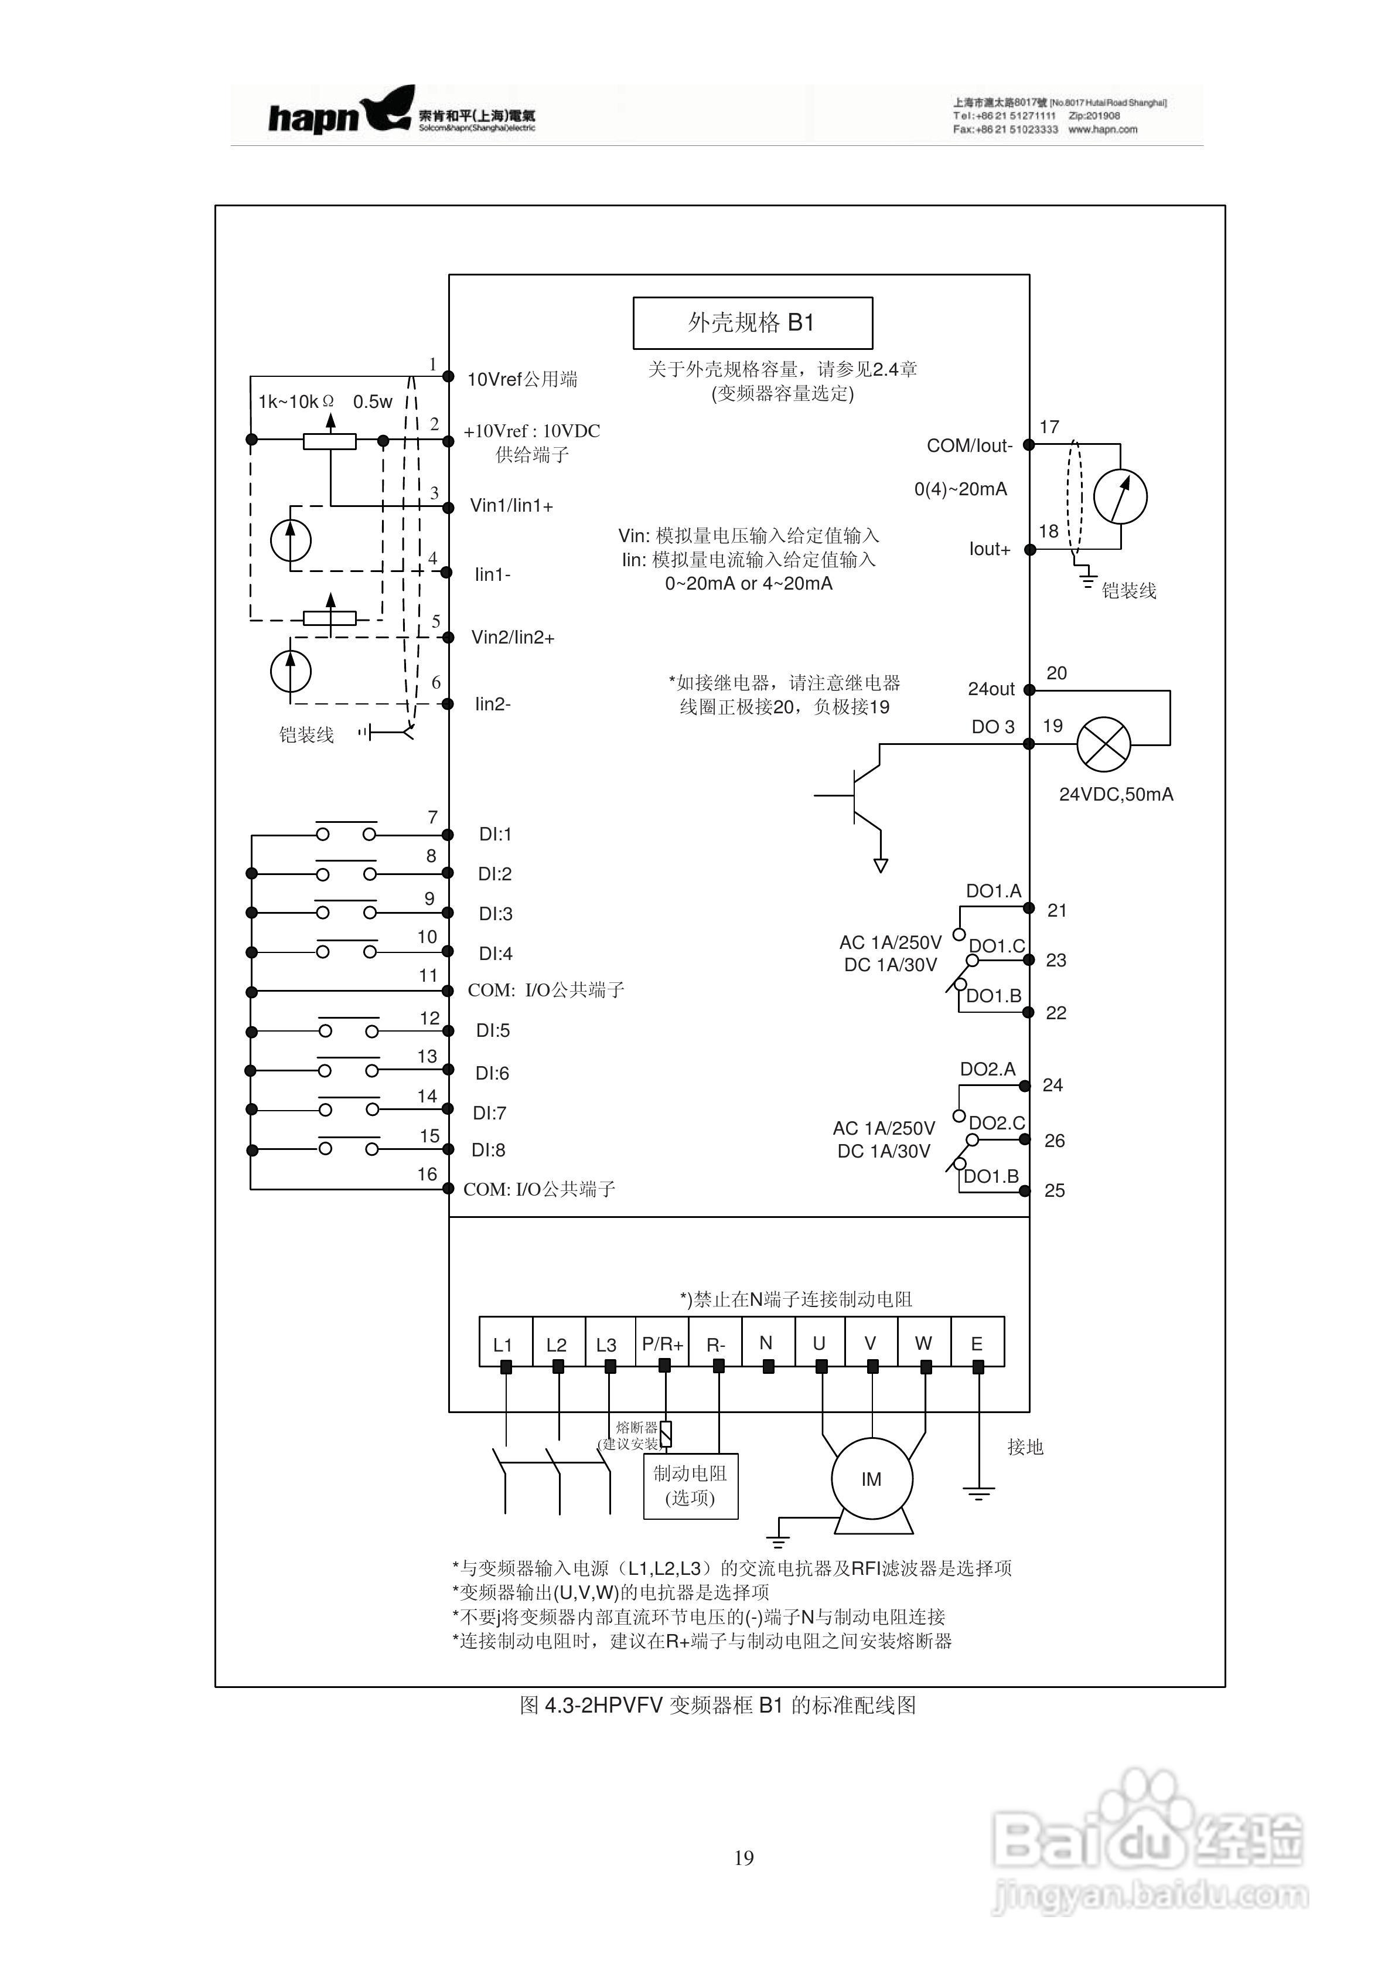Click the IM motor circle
[x=872, y=1479]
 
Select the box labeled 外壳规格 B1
[x=752, y=322]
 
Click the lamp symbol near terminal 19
[x=1104, y=744]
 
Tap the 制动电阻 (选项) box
[x=690, y=1486]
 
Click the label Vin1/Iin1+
[x=511, y=506]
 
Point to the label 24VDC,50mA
[x=1116, y=794]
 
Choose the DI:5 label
[x=493, y=1030]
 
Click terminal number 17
[x=1049, y=427]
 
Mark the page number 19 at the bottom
[x=744, y=1858]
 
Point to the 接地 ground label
[x=1025, y=1447]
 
